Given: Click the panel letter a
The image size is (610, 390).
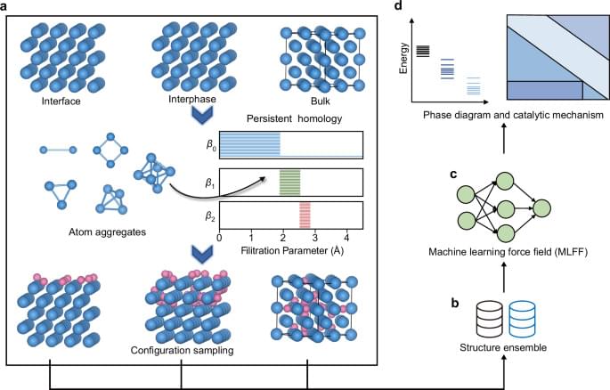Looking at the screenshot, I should tap(6, 8).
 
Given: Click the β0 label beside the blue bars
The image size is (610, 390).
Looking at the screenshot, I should tap(210, 144).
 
